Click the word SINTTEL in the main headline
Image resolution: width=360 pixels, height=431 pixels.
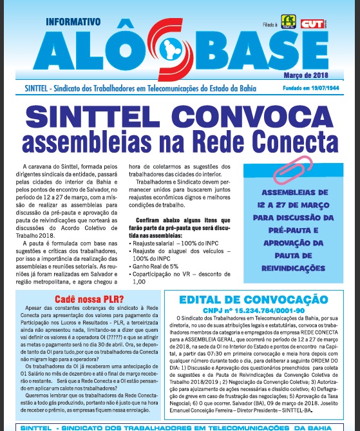pos(95,116)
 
